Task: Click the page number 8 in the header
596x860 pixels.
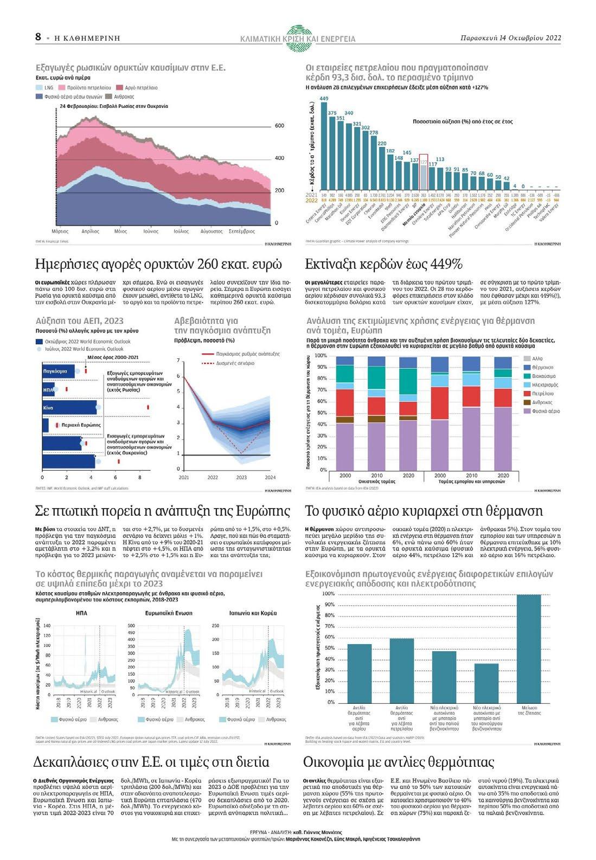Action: point(39,36)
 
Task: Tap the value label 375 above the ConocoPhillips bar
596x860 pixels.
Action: point(332,113)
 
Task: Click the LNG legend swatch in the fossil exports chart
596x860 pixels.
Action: point(40,87)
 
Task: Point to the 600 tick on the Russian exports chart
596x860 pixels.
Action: point(279,126)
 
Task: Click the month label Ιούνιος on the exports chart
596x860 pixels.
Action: point(150,231)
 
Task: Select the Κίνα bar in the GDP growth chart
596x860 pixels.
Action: point(69,407)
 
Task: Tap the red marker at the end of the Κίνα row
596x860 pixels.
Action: point(148,407)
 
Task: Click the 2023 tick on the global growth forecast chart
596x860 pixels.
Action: point(241,477)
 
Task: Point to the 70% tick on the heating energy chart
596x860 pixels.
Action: point(321,390)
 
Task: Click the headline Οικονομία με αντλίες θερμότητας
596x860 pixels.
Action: point(399,762)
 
